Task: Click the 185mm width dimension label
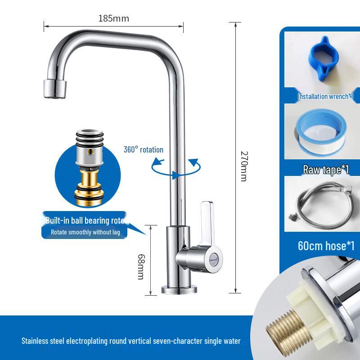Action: click(x=113, y=18)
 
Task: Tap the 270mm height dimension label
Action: click(x=243, y=166)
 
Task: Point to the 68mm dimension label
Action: click(x=140, y=266)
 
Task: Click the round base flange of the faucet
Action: click(x=179, y=288)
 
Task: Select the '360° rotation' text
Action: click(x=144, y=149)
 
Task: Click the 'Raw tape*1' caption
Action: click(x=326, y=170)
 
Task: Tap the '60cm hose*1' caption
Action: click(x=326, y=246)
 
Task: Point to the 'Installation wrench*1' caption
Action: click(x=325, y=96)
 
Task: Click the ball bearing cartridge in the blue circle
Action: click(x=88, y=167)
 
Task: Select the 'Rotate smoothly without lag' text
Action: click(x=85, y=232)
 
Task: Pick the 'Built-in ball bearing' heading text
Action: click(x=85, y=220)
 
